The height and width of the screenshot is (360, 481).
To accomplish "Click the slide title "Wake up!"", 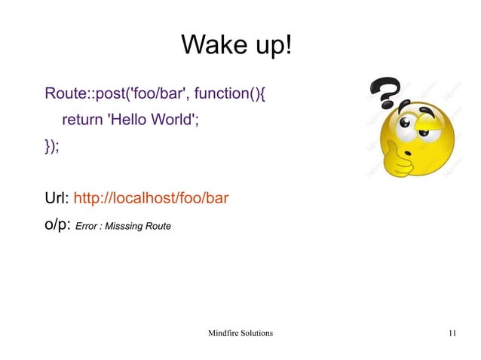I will [x=235, y=46].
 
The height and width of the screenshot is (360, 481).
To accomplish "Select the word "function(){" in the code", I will [x=233, y=95].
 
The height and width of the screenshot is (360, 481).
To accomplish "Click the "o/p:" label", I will [x=57, y=224].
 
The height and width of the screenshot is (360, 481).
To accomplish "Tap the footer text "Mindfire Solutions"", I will [x=240, y=332].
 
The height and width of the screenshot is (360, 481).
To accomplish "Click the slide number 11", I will [x=452, y=332].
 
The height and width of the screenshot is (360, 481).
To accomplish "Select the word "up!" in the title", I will [x=268, y=46].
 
